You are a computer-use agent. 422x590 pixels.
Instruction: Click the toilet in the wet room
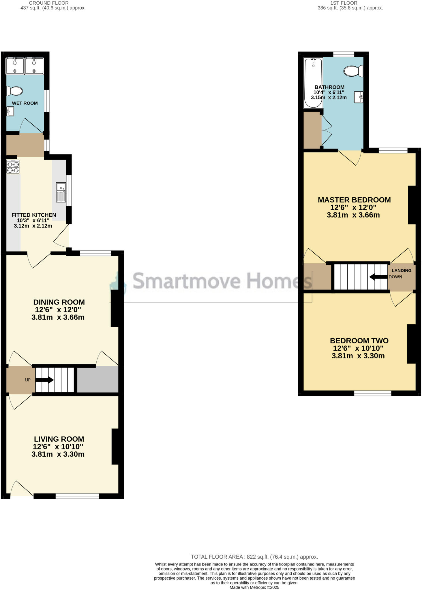[15, 91]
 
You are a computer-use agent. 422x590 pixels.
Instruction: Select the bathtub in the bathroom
[313, 83]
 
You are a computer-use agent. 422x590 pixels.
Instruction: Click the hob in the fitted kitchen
[13, 167]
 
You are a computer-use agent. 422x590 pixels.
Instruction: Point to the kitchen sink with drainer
[61, 192]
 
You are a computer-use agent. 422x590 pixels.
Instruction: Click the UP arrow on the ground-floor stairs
[44, 380]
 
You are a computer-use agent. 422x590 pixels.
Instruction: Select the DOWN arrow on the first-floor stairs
[378, 277]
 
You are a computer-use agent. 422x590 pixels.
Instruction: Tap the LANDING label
[401, 271]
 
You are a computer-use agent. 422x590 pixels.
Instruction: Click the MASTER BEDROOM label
[354, 200]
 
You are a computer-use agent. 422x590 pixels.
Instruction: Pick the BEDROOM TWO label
[359, 341]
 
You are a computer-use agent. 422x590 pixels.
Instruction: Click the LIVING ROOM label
[59, 439]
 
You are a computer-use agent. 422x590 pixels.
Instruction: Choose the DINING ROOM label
[59, 302]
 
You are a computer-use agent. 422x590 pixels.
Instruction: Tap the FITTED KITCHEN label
[34, 215]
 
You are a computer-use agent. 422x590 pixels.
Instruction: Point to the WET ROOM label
[25, 103]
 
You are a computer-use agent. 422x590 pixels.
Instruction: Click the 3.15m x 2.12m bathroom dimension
[329, 98]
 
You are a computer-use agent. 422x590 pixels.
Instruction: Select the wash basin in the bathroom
[359, 97]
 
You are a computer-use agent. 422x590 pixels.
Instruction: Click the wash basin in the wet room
[10, 111]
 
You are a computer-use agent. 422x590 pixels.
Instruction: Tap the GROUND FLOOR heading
[49, 3]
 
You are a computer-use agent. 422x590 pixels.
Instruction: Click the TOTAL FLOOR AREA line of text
[254, 557]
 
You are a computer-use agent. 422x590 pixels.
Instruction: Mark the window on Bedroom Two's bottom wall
[373, 393]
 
